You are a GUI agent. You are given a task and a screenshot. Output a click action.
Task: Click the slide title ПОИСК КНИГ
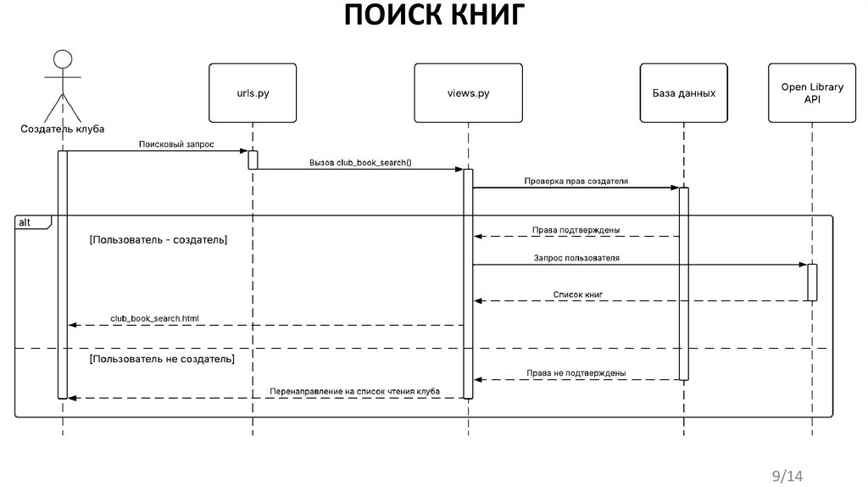[435, 16]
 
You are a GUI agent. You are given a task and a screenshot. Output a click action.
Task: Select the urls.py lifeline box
[252, 92]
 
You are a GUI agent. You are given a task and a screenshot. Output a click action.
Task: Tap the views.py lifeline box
[467, 92]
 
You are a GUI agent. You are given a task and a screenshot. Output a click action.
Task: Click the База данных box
[683, 92]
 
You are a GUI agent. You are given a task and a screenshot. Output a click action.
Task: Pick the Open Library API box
[811, 92]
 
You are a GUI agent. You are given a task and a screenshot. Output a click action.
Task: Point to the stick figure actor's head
[62, 60]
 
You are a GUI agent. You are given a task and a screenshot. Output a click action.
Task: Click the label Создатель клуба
[63, 130]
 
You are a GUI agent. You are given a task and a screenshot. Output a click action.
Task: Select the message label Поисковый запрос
[176, 145]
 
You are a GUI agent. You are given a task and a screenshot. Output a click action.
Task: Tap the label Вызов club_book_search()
[361, 162]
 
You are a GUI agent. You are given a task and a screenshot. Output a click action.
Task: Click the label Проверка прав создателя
[576, 181]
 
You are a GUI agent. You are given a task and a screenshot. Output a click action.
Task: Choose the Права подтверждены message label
[576, 230]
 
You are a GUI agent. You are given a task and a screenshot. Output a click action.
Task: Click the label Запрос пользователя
[576, 257]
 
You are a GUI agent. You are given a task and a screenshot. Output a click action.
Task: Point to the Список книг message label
[577, 294]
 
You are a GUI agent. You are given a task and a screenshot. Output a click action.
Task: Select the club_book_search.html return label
[154, 319]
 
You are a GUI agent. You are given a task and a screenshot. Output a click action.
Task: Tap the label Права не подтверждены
[576, 372]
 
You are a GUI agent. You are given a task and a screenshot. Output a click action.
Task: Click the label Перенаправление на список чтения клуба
[354, 391]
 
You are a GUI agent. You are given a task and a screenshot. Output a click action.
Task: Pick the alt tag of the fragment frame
[25, 221]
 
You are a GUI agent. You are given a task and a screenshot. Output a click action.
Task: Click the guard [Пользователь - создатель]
[158, 240]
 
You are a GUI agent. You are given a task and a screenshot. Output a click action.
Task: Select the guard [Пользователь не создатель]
[162, 359]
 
